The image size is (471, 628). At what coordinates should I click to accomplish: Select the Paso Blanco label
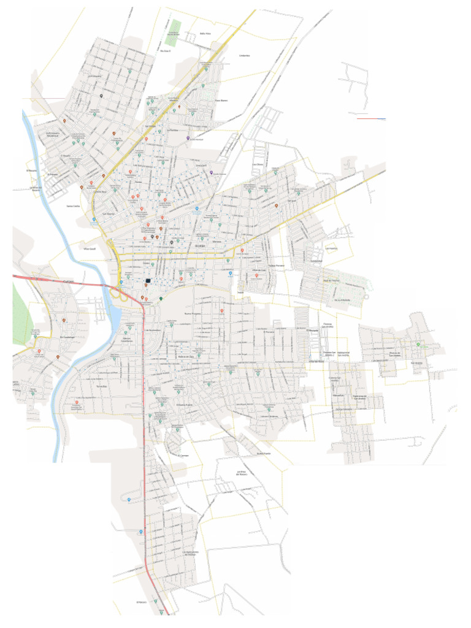click(x=221, y=101)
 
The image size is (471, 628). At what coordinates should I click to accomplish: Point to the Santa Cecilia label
click(x=72, y=206)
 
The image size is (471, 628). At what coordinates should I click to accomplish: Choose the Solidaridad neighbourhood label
click(x=315, y=261)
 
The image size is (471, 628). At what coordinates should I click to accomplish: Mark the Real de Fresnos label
click(x=332, y=280)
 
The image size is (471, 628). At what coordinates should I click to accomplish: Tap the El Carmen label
click(x=183, y=456)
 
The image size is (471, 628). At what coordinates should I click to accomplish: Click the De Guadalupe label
click(x=66, y=337)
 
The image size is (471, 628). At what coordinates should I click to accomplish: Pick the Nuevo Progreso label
click(x=193, y=313)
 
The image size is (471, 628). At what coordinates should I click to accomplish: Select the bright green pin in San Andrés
click(x=419, y=345)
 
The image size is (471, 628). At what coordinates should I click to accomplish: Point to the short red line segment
click(x=371, y=118)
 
